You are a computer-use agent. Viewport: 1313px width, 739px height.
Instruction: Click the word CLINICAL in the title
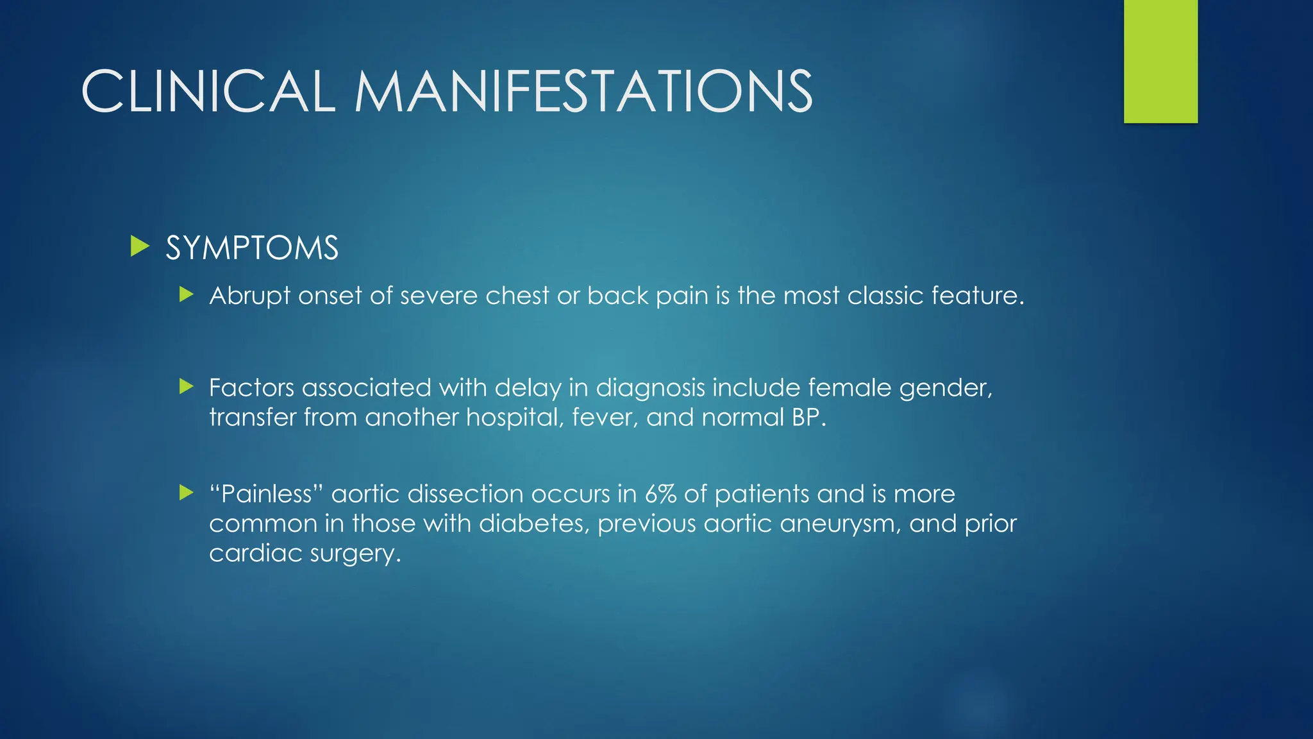point(208,91)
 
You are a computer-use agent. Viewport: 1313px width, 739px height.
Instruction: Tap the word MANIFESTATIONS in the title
point(583,91)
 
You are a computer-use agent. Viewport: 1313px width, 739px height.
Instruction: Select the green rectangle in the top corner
point(1160,62)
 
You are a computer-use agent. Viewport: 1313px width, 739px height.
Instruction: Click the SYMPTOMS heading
point(252,248)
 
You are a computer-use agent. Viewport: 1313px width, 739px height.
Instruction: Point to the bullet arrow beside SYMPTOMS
point(140,246)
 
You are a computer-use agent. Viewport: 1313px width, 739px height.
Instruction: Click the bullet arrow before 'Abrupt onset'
point(187,295)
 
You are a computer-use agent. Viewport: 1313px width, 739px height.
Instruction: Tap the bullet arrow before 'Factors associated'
point(187,386)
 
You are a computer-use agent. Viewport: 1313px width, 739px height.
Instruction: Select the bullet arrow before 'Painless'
point(187,493)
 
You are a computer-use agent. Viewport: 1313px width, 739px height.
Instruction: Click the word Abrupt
point(249,296)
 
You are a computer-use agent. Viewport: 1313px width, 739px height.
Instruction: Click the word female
point(849,387)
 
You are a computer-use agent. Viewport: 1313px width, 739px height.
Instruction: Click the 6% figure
point(660,494)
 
